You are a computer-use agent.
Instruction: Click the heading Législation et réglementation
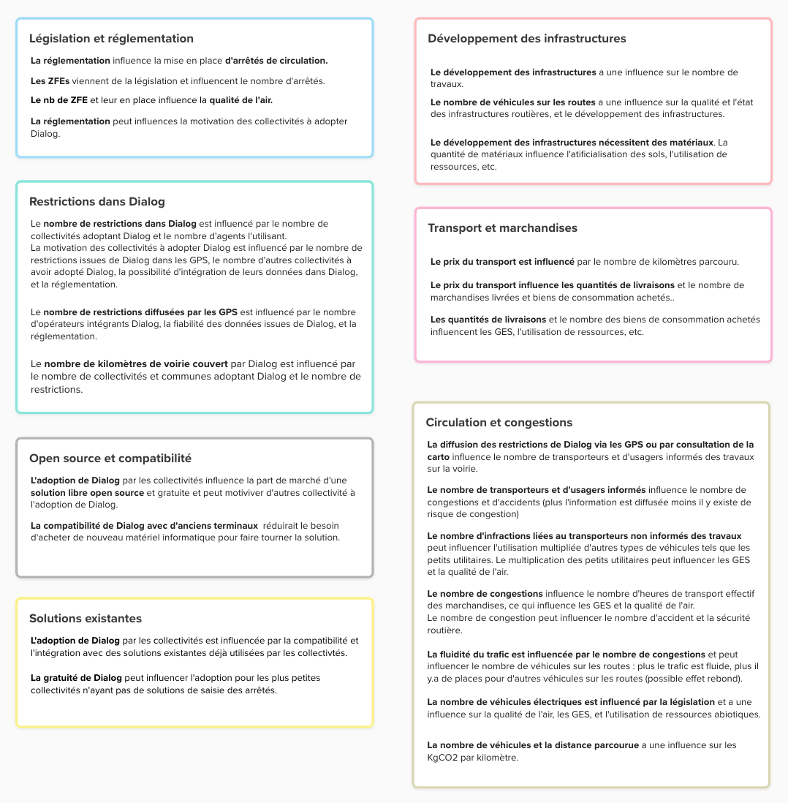[111, 39]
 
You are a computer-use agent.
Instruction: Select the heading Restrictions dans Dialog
[97, 201]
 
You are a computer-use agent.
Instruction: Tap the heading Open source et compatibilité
[110, 459]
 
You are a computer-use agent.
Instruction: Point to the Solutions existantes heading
[86, 619]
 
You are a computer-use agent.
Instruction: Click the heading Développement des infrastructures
[527, 39]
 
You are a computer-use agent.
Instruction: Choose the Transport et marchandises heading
[502, 228]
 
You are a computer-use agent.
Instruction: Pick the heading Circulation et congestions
[499, 423]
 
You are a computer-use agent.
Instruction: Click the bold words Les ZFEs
[45, 80]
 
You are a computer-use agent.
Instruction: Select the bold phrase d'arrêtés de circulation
[276, 61]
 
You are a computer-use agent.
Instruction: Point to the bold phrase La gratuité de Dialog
[75, 678]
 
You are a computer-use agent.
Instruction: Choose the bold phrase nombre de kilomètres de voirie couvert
[136, 363]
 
